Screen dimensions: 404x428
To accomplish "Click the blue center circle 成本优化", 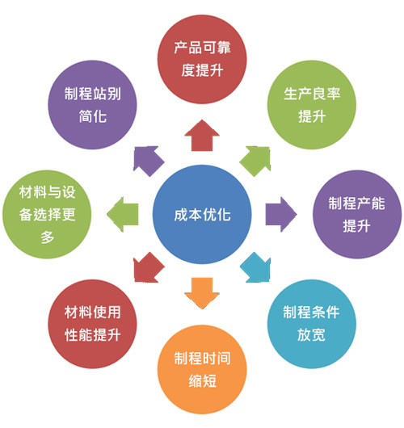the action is tap(202, 214).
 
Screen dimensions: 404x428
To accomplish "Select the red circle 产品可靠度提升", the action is tap(202, 59).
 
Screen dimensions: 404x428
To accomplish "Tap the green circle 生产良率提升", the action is tap(312, 105).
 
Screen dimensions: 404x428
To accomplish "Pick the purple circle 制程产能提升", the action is tap(357, 214).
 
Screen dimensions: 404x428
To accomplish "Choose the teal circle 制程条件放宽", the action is tap(312, 324).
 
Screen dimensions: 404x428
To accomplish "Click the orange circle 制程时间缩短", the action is tap(202, 370).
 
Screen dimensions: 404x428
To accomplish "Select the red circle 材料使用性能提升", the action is tap(92, 324).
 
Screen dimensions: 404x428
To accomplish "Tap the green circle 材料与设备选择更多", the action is tap(47, 214).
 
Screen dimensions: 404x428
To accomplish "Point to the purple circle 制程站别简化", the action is tap(92, 105).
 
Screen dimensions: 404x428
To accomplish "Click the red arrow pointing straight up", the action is tap(202, 136).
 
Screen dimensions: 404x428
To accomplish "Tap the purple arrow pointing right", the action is tap(281, 214).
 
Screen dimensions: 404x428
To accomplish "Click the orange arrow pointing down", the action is tap(202, 293).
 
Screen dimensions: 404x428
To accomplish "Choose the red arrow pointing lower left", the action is tap(149, 268).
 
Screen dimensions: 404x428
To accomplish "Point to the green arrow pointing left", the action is tap(123, 214).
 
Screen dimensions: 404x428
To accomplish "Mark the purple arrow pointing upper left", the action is tap(149, 161).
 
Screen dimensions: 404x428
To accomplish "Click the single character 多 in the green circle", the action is tap(47, 237).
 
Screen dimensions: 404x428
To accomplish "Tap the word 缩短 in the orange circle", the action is tap(203, 381).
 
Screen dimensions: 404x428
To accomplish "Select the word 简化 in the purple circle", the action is tap(93, 116).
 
